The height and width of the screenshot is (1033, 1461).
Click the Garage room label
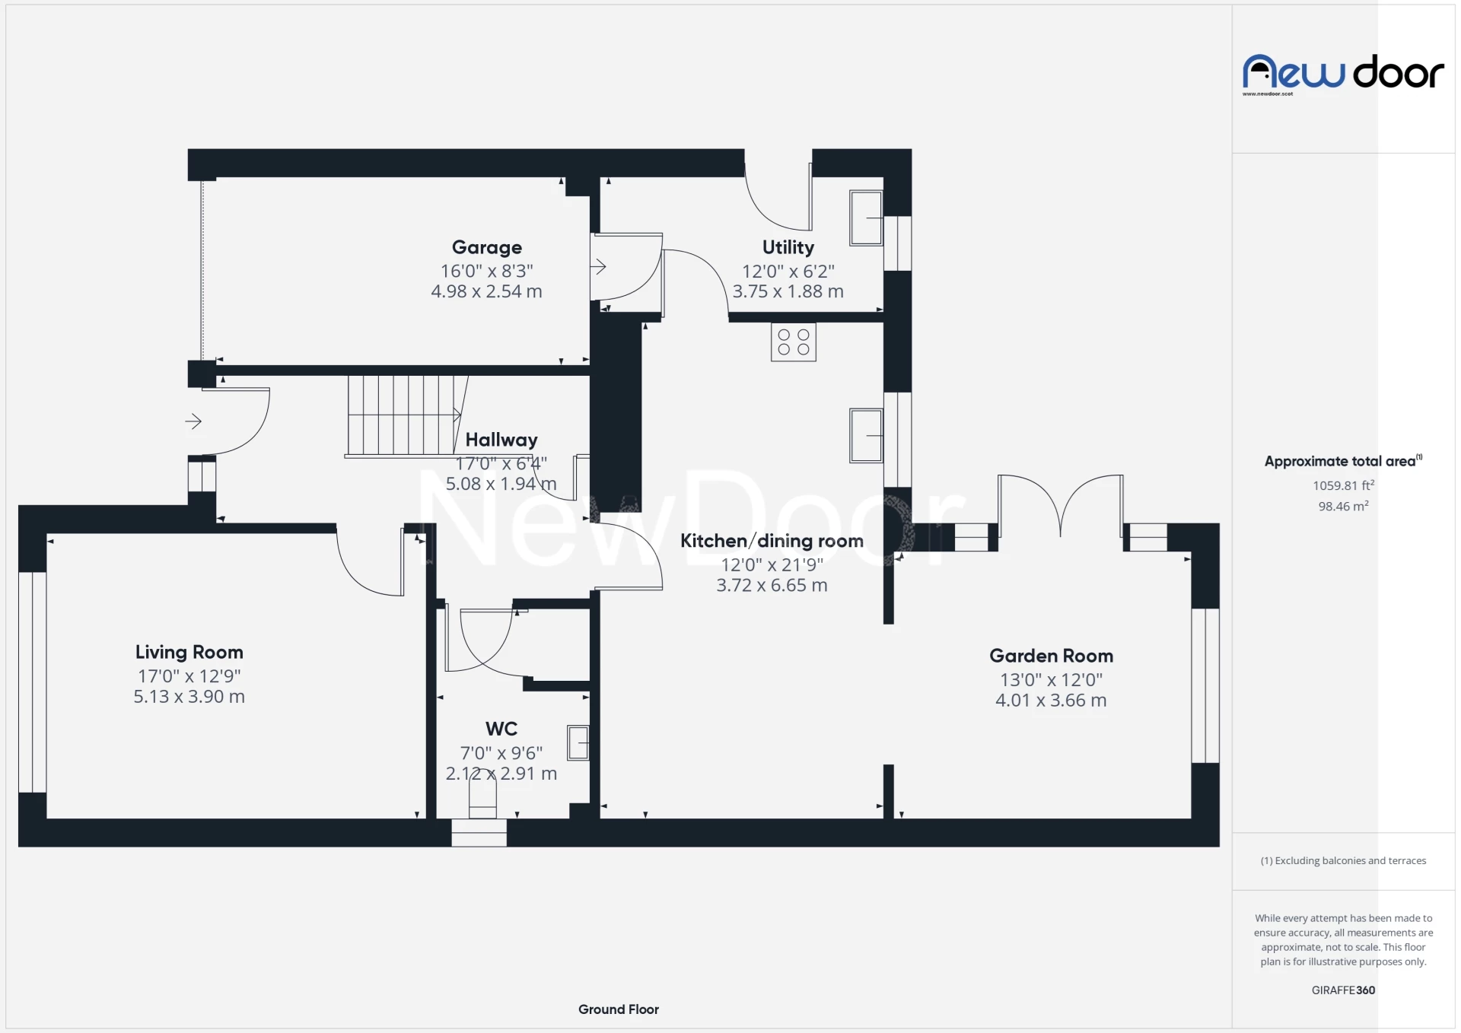[487, 247]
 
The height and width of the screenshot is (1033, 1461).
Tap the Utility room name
[788, 247]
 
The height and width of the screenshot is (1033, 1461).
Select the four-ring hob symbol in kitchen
[793, 342]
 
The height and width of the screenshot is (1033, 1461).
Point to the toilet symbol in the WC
[482, 799]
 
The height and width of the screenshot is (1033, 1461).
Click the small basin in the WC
[578, 742]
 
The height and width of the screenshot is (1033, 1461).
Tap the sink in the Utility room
[866, 218]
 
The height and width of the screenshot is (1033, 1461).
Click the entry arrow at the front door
[193, 421]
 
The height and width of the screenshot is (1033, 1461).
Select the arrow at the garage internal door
[599, 267]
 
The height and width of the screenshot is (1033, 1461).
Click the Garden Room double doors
[1060, 506]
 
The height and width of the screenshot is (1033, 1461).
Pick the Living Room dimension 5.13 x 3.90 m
[189, 697]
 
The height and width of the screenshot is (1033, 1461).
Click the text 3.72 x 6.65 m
[771, 585]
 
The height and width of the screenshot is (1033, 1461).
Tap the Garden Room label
[1050, 656]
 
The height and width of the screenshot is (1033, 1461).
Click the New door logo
[1342, 73]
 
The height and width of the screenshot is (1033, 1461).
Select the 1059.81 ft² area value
[1342, 485]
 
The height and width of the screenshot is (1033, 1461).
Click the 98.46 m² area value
[1342, 507]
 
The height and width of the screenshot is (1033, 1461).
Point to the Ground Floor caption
[618, 1009]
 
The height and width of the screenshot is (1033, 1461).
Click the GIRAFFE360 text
[1342, 990]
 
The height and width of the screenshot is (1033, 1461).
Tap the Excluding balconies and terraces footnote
[1342, 860]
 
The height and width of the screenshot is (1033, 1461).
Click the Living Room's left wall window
[32, 682]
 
